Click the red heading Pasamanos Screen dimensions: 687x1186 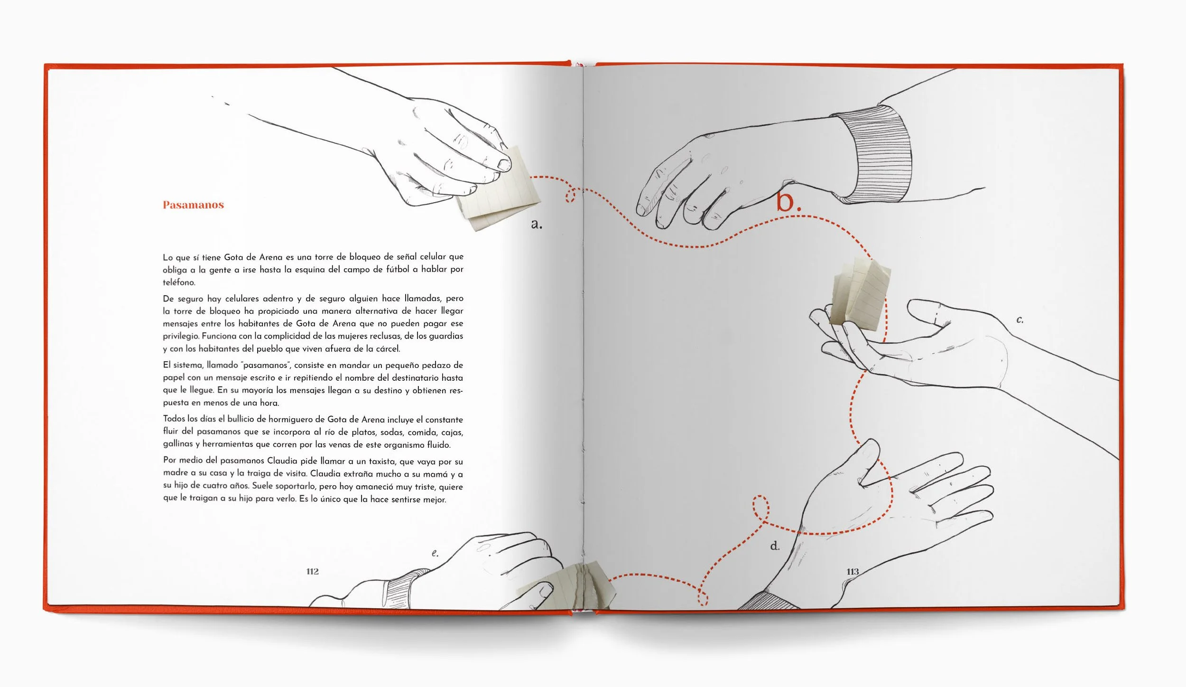193,205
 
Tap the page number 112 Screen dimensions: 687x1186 312,571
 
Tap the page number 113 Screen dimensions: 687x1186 852,571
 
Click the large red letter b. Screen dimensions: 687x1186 787,201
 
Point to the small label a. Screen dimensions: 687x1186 536,224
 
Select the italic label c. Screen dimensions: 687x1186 1019,320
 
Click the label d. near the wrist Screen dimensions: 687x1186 775,546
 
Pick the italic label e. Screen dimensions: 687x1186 435,553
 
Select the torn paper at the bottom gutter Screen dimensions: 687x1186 569,586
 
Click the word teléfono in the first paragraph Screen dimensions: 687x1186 179,282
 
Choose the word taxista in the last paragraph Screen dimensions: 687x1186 382,461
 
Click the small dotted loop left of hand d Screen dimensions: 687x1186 760,507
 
